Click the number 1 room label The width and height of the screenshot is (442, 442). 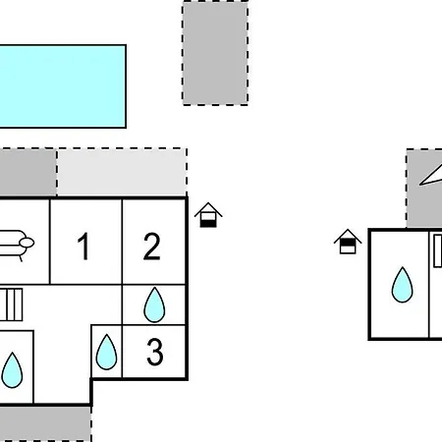click(83, 246)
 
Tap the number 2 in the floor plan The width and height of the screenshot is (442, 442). click(152, 246)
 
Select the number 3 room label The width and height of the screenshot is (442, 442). click(154, 352)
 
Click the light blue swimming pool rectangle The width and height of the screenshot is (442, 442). click(63, 86)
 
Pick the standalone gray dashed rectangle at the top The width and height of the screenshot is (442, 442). click(215, 53)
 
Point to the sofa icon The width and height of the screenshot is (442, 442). click(16, 245)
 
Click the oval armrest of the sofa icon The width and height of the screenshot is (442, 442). click(27, 243)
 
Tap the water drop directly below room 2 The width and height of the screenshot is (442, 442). click(154, 305)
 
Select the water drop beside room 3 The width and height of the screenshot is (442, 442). click(106, 353)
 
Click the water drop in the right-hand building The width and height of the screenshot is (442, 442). click(402, 285)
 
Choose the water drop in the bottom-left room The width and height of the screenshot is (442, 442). click(12, 370)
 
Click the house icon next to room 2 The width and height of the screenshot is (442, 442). click(208, 215)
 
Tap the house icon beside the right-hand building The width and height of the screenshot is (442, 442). click(348, 242)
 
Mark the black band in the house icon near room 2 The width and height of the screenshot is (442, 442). click(208, 223)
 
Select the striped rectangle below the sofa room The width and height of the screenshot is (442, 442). click(11, 304)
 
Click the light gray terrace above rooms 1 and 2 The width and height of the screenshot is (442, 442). click(122, 172)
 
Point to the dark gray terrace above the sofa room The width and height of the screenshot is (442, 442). click(28, 172)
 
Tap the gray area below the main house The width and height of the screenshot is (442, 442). click(45, 424)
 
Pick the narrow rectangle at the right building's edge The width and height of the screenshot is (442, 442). click(438, 250)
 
